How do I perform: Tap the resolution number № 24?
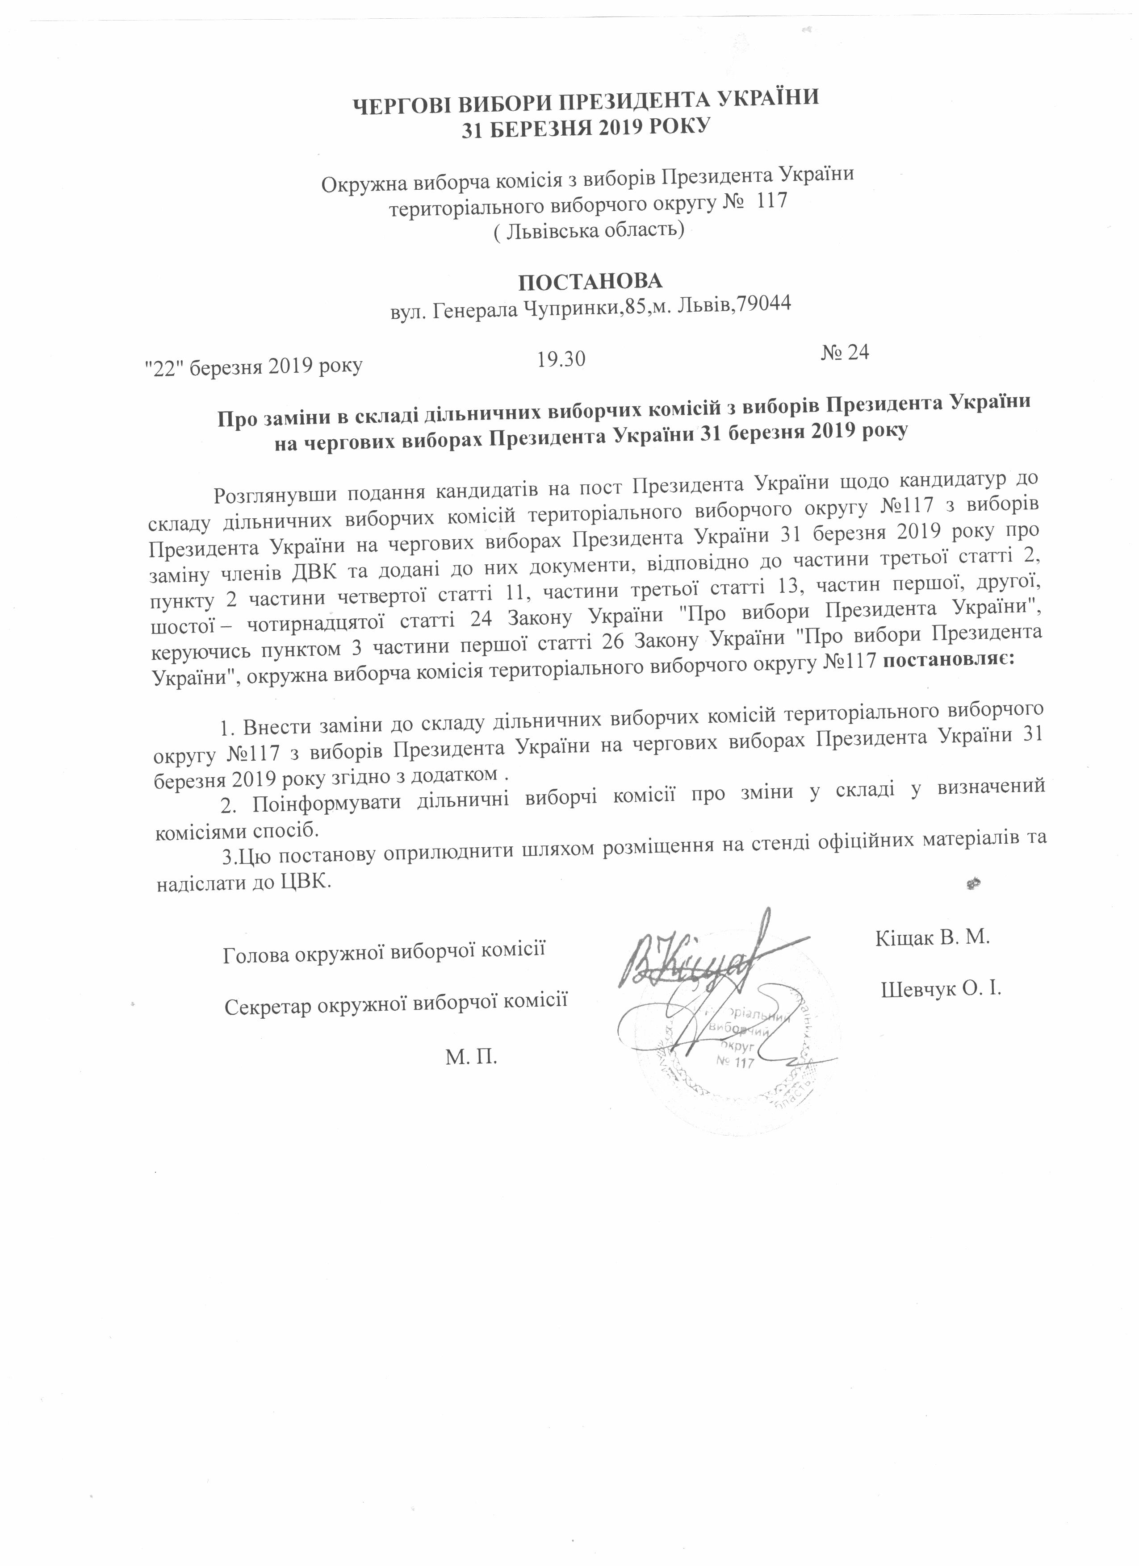tap(844, 353)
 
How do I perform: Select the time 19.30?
tap(561, 359)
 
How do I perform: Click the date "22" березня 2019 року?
tap(253, 367)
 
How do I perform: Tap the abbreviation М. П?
tap(472, 1057)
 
